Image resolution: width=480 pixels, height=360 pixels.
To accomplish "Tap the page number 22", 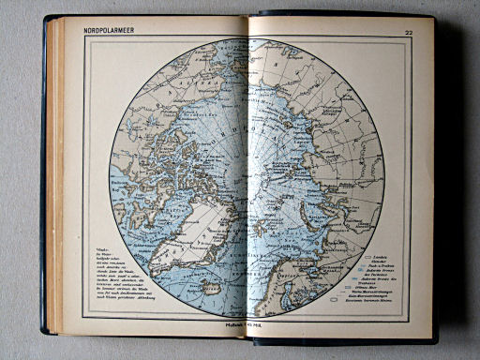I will point(409,35).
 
